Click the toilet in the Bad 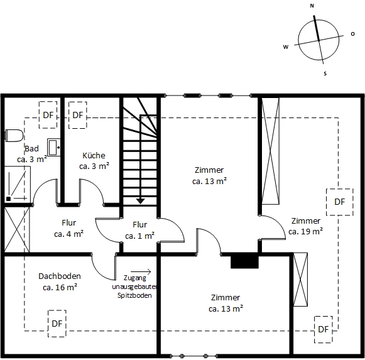tap(14, 135)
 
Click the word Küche tap(94, 156)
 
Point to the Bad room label tap(31, 149)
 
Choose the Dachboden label tap(60, 276)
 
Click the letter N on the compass tap(312, 6)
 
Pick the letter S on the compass tap(325, 74)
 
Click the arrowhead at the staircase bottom tap(141, 200)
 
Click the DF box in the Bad tap(48, 115)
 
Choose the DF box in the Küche tap(77, 115)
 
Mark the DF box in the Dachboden tap(57, 324)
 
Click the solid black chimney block tap(244, 261)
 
